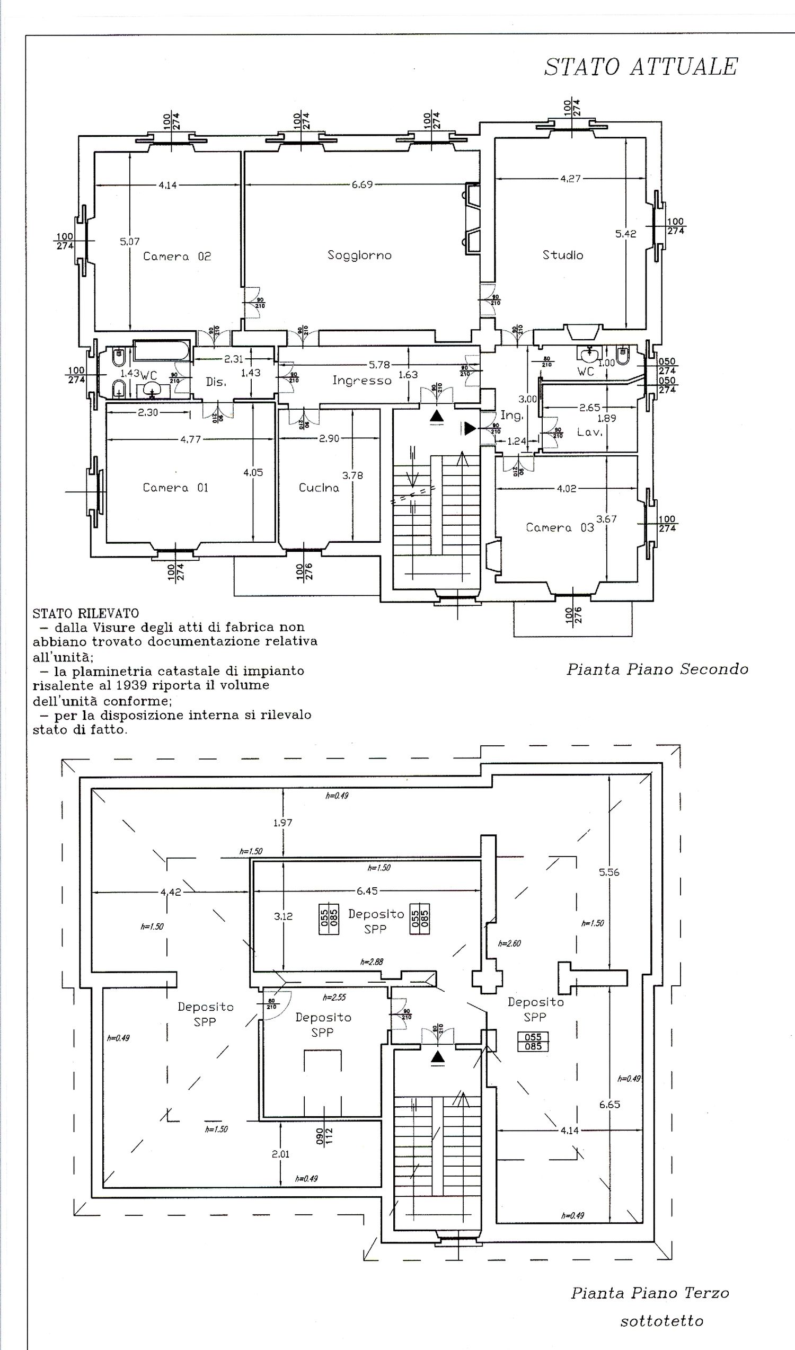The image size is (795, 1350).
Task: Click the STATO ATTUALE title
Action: coord(641,67)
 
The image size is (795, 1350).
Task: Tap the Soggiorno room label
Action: coord(359,255)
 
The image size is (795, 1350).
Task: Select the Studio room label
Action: coord(562,255)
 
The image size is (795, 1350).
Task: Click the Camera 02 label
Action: coord(177,257)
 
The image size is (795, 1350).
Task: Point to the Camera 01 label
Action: coord(175,488)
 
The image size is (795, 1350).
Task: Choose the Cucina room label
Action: coord(319,488)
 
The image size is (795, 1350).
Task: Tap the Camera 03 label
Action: coord(560,528)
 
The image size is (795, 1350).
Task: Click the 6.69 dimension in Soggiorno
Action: coord(362,185)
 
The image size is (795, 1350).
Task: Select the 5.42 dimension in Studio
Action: coord(625,234)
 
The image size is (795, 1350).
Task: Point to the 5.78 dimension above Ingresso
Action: coord(379,365)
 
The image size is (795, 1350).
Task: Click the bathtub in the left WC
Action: coord(161,351)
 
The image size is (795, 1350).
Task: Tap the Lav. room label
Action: coord(589,432)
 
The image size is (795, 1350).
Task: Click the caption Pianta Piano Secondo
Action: coord(657,669)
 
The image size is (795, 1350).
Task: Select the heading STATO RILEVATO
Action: coord(86,613)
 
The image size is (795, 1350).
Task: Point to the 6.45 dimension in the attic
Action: coord(367,891)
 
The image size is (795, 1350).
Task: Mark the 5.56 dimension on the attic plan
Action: coord(609,872)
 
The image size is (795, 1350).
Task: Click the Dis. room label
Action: coord(216,382)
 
